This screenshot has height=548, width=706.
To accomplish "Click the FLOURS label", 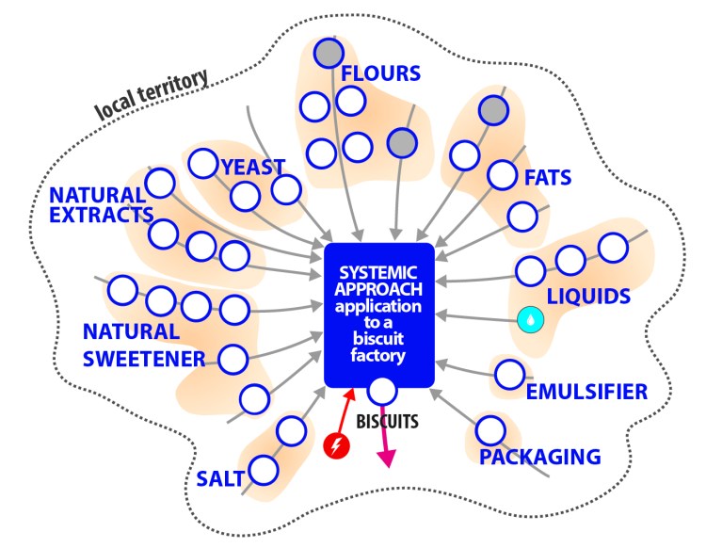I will point(380,73).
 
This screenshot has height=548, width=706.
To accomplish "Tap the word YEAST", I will point(252,167).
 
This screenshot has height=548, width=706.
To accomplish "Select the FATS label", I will point(548,176).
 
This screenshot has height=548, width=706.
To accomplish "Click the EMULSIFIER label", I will point(586,391).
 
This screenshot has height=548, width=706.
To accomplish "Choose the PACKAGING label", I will point(539,458).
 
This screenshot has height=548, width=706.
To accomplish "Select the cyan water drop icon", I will point(531,320).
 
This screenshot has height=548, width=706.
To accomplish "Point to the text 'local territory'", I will point(151,97).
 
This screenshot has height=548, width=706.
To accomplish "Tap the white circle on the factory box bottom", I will point(381,389).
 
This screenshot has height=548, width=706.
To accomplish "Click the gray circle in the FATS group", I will point(493,111).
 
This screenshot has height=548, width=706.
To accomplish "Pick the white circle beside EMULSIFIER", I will point(509,374).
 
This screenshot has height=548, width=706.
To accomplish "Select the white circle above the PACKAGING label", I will point(489,430).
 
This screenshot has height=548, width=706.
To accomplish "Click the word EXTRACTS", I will point(102,215).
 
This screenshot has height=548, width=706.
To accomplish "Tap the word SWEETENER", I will point(143,359).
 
